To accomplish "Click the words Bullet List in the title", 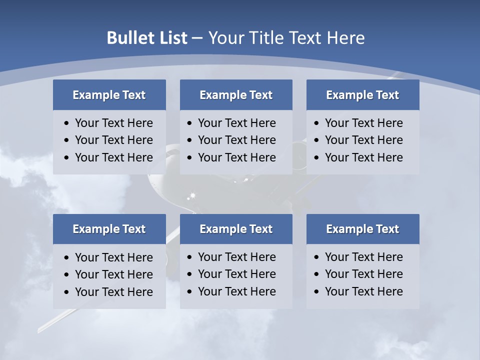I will [147, 38].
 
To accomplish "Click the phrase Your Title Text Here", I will [286, 38].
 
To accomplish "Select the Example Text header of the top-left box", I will [109, 95].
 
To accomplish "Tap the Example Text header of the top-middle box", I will [236, 95].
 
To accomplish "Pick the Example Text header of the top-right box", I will [362, 95].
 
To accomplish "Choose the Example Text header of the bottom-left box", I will [109, 229].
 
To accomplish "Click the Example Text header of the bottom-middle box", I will [236, 229].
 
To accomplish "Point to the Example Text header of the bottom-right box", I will [362, 229].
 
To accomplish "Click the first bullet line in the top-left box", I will [113, 123].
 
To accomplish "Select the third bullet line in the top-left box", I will [113, 157].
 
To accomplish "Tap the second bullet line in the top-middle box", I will [236, 140].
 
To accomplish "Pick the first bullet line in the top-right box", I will [363, 123].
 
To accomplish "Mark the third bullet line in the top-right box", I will [363, 157].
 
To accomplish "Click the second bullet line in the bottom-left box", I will [113, 274].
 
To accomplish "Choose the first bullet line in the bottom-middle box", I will [236, 257].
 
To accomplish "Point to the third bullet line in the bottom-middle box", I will [236, 291].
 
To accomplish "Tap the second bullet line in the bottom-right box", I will [363, 274].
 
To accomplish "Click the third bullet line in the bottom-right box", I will [363, 291].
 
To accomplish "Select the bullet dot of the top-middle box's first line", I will [189, 123].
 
